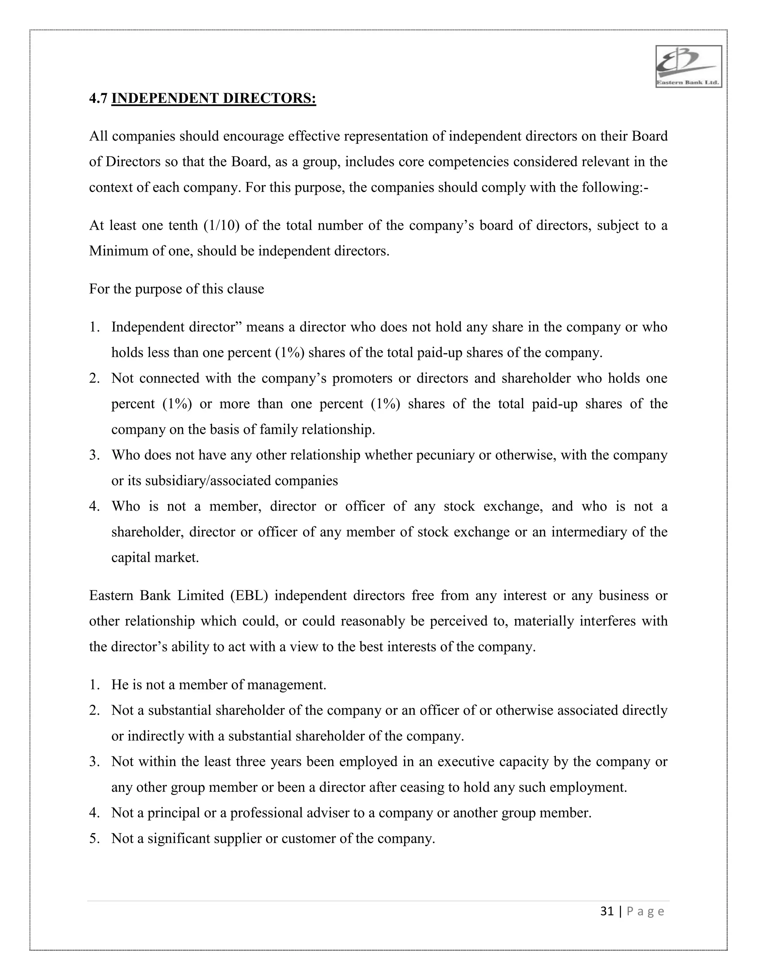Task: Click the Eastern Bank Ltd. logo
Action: (688, 67)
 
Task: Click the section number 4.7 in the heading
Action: (98, 98)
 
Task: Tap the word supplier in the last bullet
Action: (238, 838)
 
